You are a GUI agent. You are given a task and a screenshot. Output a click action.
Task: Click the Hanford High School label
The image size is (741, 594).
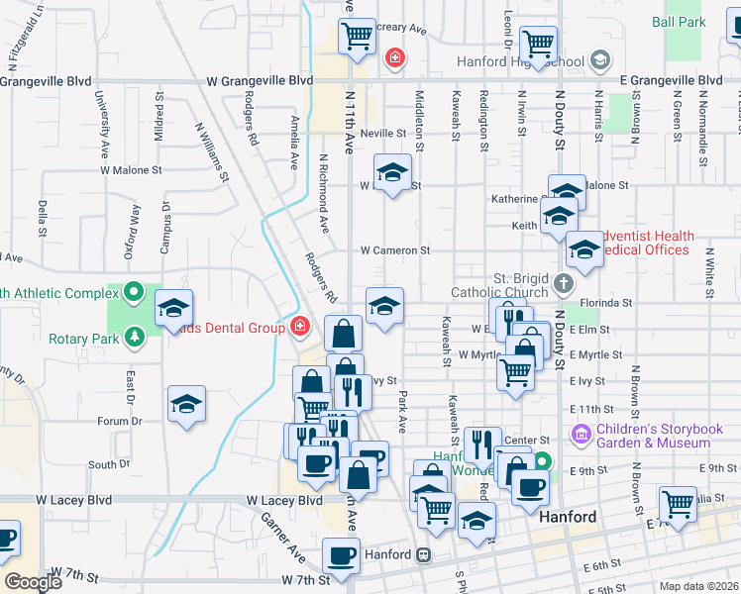click(x=520, y=61)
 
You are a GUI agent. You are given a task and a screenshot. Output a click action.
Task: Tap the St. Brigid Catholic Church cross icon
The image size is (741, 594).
click(x=563, y=284)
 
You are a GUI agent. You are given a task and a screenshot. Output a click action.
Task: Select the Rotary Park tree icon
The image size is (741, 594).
click(x=134, y=338)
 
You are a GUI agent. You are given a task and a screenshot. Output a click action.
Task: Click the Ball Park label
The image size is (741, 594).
click(x=679, y=21)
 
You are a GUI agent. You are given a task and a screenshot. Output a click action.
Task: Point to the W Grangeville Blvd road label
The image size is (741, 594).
click(x=260, y=80)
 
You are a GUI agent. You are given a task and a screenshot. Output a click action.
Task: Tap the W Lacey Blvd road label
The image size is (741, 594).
click(x=284, y=501)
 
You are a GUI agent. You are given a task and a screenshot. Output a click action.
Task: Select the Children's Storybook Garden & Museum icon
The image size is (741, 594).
click(x=581, y=435)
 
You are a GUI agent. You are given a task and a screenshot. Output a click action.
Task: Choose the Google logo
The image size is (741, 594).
click(x=33, y=582)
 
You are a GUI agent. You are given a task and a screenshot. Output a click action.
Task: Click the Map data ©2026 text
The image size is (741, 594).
click(x=699, y=586)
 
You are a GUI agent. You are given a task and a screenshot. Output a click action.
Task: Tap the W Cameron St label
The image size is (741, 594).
click(x=394, y=251)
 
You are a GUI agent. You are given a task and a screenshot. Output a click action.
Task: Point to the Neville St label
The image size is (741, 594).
click(x=383, y=133)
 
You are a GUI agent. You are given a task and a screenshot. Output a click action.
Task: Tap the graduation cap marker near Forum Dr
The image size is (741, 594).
click(x=186, y=405)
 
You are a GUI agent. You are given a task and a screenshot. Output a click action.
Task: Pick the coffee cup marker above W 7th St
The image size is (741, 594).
click(x=342, y=557)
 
